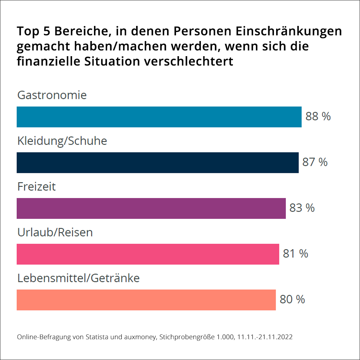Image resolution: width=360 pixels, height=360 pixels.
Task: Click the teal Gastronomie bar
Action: [x=159, y=117]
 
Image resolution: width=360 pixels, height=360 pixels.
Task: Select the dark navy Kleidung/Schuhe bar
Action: [x=157, y=163]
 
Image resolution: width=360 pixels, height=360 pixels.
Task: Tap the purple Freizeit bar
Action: [x=151, y=208]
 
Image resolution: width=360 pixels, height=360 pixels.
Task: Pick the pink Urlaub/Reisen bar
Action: [x=148, y=254]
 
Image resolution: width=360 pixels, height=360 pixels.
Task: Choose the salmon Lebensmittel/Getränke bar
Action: [x=146, y=300]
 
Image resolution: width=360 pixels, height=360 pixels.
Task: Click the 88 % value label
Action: [x=318, y=117]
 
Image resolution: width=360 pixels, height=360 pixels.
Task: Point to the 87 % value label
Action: [x=315, y=162]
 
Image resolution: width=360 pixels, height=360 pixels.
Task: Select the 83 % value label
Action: [x=302, y=208]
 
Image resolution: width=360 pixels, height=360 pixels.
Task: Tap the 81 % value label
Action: [x=296, y=253]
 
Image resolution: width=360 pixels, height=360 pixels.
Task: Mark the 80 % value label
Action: [x=292, y=299]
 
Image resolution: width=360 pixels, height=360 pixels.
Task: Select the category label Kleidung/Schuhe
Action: [x=62, y=141]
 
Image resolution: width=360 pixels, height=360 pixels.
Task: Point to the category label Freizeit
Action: [x=37, y=186]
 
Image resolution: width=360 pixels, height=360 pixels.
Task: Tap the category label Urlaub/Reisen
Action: [x=55, y=232]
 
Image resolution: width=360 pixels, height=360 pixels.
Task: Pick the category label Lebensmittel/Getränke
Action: [x=78, y=278]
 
